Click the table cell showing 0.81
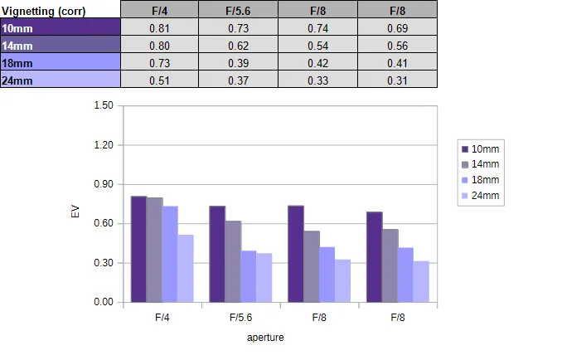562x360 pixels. (x=159, y=27)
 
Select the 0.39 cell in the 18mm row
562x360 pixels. (x=239, y=62)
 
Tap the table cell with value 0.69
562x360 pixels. (x=398, y=27)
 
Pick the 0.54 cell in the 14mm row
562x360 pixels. (x=318, y=45)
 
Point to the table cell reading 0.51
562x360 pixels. (x=159, y=80)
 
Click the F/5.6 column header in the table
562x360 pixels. (x=239, y=10)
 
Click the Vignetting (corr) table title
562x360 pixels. (x=44, y=11)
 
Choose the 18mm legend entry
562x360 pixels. (x=480, y=180)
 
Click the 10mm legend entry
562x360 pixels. (x=480, y=148)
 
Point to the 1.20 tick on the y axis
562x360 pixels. (x=104, y=145)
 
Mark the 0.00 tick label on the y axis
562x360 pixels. (x=104, y=302)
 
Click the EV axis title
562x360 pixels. (x=75, y=212)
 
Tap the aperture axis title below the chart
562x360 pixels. (x=265, y=338)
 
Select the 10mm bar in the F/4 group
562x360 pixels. (x=138, y=249)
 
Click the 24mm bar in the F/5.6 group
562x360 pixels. (x=264, y=278)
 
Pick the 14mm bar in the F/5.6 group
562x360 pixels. (x=233, y=262)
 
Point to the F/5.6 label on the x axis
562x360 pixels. (x=241, y=318)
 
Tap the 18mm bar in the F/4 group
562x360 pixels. (x=170, y=254)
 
